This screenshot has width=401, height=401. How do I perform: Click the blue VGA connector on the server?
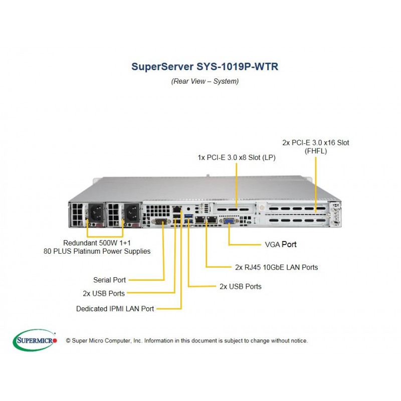coord(229,221)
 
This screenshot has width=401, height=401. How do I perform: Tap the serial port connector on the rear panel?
coord(161,222)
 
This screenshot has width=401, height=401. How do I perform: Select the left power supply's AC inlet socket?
coord(96,213)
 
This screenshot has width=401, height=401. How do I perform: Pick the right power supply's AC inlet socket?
coord(132,213)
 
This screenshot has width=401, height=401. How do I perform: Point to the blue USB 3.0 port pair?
coord(188,218)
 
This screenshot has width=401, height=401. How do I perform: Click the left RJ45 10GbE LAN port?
coord(200,220)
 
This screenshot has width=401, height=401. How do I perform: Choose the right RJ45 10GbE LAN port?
coord(212,220)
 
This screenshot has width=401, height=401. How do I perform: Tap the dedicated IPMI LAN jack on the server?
coord(177,210)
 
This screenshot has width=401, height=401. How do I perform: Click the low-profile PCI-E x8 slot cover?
coord(233,210)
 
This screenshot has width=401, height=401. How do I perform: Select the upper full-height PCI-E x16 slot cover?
coord(297,209)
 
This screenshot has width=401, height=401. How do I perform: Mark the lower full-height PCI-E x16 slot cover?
coord(297,220)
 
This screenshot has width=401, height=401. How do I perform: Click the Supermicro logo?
coord(35,340)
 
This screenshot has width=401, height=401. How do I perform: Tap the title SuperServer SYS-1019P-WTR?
coord(205,67)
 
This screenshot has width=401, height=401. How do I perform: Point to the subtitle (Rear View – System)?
coord(205,81)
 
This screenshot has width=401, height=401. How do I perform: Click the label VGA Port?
coord(281,245)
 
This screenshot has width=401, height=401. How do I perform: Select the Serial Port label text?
coord(109,280)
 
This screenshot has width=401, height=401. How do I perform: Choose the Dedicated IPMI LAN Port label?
coord(115,309)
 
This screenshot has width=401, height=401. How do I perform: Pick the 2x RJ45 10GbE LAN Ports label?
coord(277,267)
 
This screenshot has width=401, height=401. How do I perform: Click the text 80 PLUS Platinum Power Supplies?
coord(97,251)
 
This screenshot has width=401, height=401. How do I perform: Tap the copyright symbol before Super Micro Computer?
coord(68,341)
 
